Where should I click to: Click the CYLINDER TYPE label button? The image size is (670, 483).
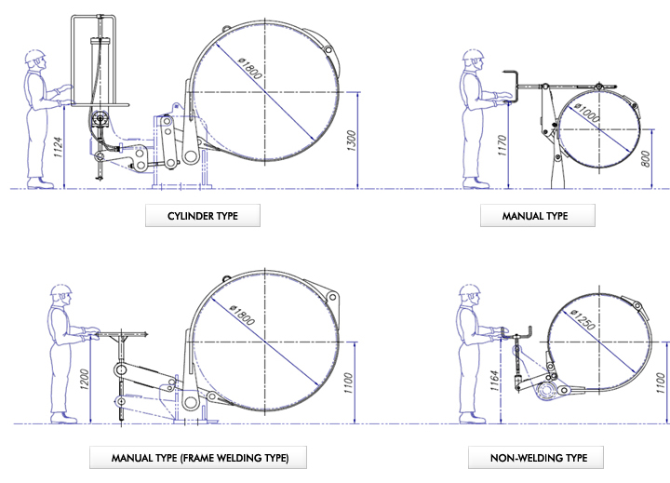click(202, 217)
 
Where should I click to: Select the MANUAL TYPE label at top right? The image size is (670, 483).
click(535, 217)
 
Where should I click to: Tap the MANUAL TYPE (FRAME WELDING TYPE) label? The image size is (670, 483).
click(197, 457)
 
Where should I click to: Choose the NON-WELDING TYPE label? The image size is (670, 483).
click(534, 457)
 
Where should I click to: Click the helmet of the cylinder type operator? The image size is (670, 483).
click(35, 56)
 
